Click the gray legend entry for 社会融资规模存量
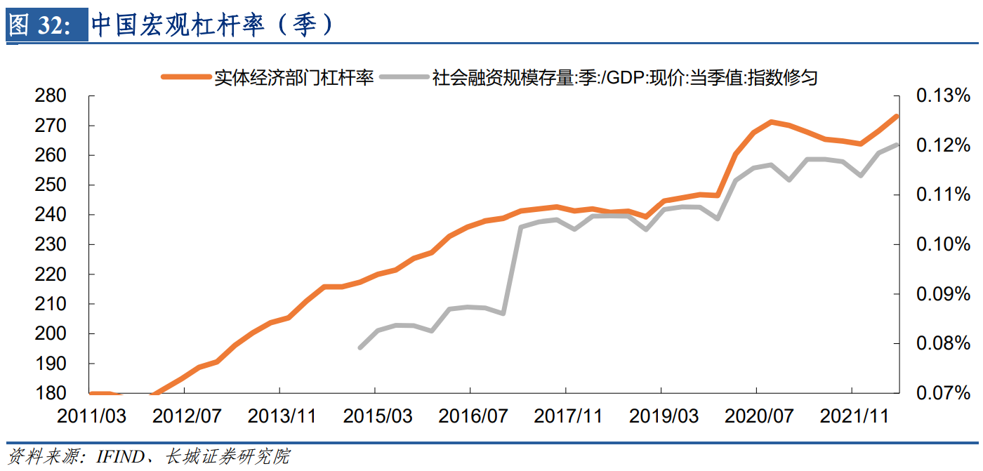click(625, 77)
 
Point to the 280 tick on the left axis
click(50, 95)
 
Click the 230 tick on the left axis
click(50, 244)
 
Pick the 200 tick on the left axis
click(50, 333)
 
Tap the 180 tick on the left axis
click(50, 393)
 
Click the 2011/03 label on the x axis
click(91, 416)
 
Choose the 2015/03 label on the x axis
click(378, 416)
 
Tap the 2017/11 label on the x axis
click(568, 416)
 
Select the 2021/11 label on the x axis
click(855, 416)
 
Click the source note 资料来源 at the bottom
click(147, 457)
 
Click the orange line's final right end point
click(897, 116)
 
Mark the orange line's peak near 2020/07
click(771, 122)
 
